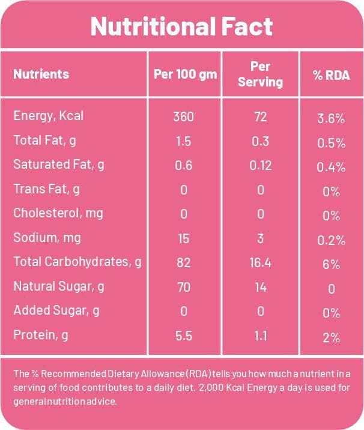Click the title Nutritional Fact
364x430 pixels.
pos(181,26)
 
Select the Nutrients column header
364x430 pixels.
pos(41,74)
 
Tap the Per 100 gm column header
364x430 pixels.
pos(183,74)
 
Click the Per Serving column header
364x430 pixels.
pos(260,74)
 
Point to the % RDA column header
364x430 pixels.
pos(331,75)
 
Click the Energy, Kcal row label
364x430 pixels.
pos(48,117)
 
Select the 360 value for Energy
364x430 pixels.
pos(183,117)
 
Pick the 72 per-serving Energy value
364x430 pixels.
pos(260,117)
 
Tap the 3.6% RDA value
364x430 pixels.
pos(331,118)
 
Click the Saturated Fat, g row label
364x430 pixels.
pos(58,165)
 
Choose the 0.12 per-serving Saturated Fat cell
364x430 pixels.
pos(260,166)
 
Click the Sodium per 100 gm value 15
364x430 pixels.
pos(183,238)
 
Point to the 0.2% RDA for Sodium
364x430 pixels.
pos(331,240)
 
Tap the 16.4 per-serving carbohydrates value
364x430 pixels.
pos(260,262)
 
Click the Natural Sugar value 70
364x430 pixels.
pos(183,287)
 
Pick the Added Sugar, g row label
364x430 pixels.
pos(56,311)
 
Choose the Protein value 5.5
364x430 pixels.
pos(183,336)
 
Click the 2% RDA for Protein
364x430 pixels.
pos(331,337)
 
